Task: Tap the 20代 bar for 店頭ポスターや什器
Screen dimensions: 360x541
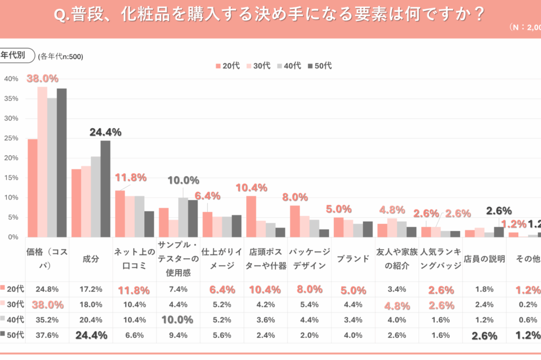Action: [x=251, y=216]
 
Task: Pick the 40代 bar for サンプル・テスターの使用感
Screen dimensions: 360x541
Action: [x=183, y=217]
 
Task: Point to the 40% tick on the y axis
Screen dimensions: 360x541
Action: [x=11, y=79]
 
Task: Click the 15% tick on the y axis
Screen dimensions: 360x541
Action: [x=11, y=178]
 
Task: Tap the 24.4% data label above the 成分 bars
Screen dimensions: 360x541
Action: [x=106, y=132]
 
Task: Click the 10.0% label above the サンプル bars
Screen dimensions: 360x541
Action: [x=183, y=181]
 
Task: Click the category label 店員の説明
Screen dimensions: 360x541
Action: [x=484, y=259]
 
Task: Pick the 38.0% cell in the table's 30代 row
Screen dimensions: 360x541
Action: [x=48, y=305]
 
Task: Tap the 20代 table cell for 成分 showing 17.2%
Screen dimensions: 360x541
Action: [x=91, y=289]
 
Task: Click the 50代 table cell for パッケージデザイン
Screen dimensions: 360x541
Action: [x=309, y=335]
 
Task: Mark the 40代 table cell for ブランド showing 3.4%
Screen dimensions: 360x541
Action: [x=353, y=320]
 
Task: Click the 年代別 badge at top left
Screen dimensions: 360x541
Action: [x=16, y=55]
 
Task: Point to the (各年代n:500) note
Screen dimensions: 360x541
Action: [x=61, y=56]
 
